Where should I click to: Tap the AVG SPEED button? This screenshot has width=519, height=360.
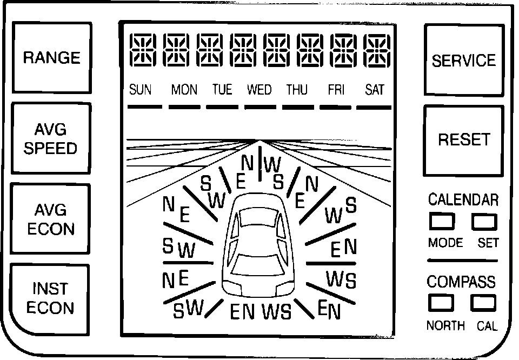coord(51,139)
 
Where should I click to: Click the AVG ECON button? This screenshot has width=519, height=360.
coord(51,219)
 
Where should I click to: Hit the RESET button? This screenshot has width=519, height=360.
coord(463,140)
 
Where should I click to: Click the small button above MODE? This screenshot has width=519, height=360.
coord(441,222)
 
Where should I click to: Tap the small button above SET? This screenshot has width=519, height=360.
coord(484,221)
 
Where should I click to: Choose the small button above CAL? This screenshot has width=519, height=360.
coord(483,303)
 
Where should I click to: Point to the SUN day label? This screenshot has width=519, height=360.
coord(141,90)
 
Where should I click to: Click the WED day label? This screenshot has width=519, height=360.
coord(259,90)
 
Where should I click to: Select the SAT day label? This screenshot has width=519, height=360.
coord(374,90)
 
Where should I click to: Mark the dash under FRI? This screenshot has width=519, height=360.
coord(336,107)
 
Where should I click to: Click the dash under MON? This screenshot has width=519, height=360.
coord(184,107)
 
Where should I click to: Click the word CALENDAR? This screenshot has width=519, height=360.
coord(463,199)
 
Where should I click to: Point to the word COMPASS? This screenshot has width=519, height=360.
coord(461,282)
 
